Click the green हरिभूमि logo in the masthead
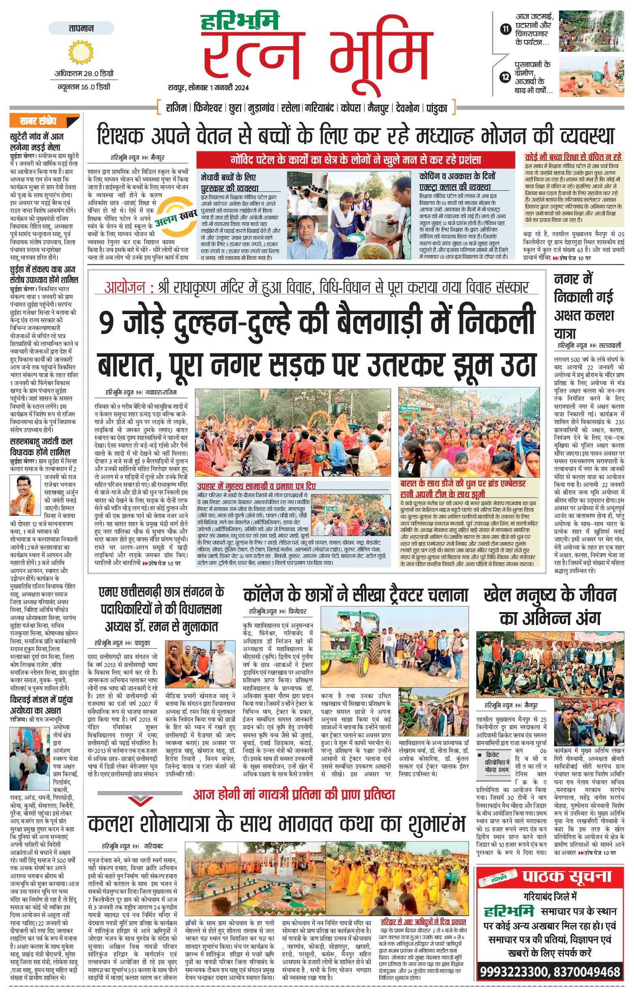coord(240,21)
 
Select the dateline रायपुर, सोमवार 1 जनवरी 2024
coord(208,87)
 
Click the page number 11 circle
coord(505,29)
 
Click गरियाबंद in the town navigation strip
coord(319,108)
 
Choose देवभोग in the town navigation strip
coord(407,108)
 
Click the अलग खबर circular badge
coord(176,217)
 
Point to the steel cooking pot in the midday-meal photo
coord(383,226)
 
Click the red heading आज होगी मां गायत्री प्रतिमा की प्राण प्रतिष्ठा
coord(293,794)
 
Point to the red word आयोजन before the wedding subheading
coord(125,288)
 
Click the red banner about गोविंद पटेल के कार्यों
coord(356,159)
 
